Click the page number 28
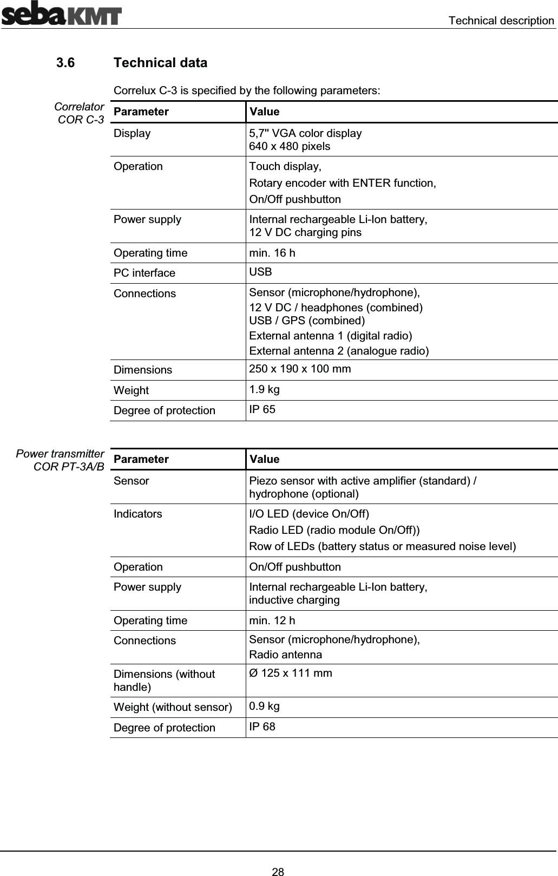tap(278, 857)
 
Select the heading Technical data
tap(160, 63)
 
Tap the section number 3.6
tap(66, 63)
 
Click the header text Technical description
tap(501, 21)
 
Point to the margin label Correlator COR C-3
tap(81, 113)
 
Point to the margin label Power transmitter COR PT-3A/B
tap(61, 460)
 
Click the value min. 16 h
tap(272, 253)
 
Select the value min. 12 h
tap(272, 620)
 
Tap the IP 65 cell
tap(262, 409)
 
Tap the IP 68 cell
tap(262, 727)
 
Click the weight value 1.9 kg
tap(265, 389)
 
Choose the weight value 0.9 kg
tap(265, 706)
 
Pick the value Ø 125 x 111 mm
tap(291, 673)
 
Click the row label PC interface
tap(145, 273)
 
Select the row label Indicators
tap(137, 514)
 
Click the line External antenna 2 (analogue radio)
tap(339, 351)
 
